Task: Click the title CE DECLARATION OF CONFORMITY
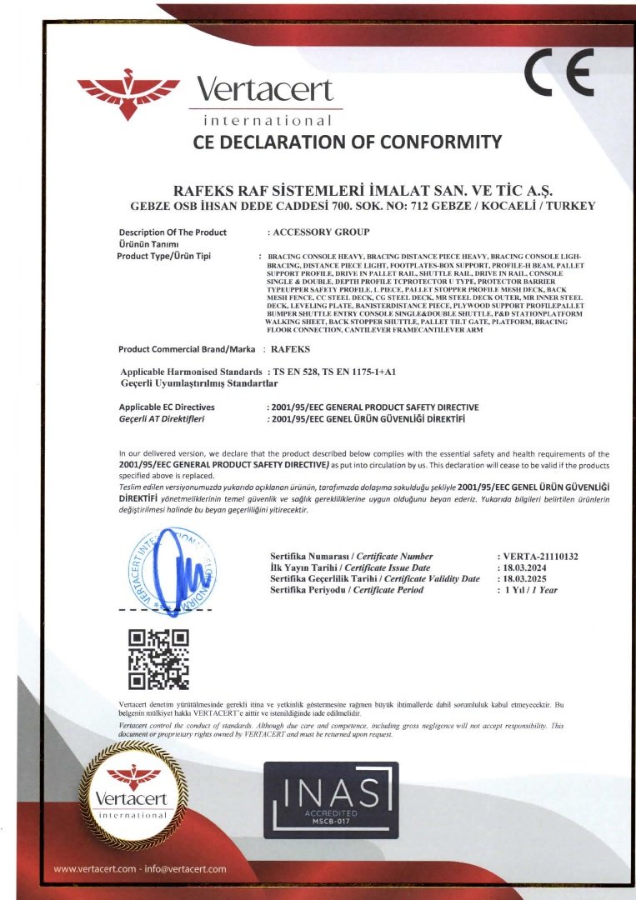[x=348, y=142]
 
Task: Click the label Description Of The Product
[x=173, y=232]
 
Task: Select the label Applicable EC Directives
[x=168, y=407]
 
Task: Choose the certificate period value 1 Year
[x=530, y=590]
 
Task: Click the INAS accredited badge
[x=331, y=800]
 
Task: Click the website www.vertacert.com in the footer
[x=94, y=869]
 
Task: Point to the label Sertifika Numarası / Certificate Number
[x=351, y=556]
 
